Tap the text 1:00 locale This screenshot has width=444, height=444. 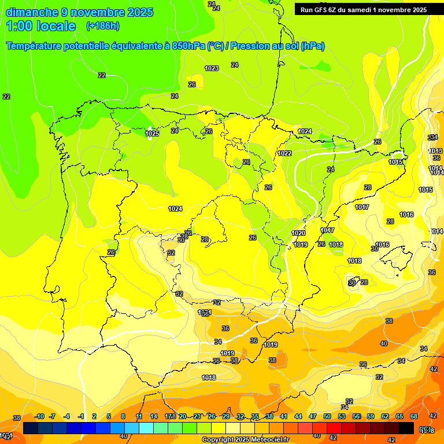pos(41,26)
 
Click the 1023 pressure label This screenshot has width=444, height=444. pos(212,68)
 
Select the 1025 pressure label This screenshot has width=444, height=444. pos(152,134)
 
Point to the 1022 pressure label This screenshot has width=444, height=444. pos(284,153)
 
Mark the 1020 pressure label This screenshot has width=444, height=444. pos(298,233)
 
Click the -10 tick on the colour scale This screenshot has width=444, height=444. pos(40,416)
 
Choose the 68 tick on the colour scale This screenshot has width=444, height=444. pos(414,416)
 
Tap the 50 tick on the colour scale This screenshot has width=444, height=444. pos(327,416)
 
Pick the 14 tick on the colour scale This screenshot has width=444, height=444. pos(154,416)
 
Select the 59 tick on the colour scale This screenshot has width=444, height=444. pos(371,416)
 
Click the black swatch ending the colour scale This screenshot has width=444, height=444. pos(406,428)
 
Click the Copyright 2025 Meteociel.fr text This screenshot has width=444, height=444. pos(245,440)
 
